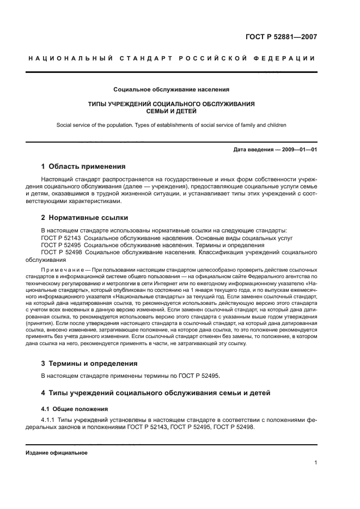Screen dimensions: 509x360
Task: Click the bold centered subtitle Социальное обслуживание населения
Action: tap(172, 89)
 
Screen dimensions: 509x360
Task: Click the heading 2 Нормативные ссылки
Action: tap(84, 217)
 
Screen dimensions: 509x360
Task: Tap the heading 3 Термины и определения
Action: tap(89, 363)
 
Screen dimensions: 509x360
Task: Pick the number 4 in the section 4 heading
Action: tap(44, 393)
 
